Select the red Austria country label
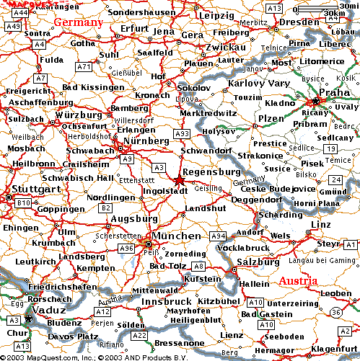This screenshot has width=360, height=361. point(298,280)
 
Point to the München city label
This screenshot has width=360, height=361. point(177,236)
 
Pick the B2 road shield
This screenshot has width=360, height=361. point(105,208)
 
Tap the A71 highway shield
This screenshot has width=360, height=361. point(85,66)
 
